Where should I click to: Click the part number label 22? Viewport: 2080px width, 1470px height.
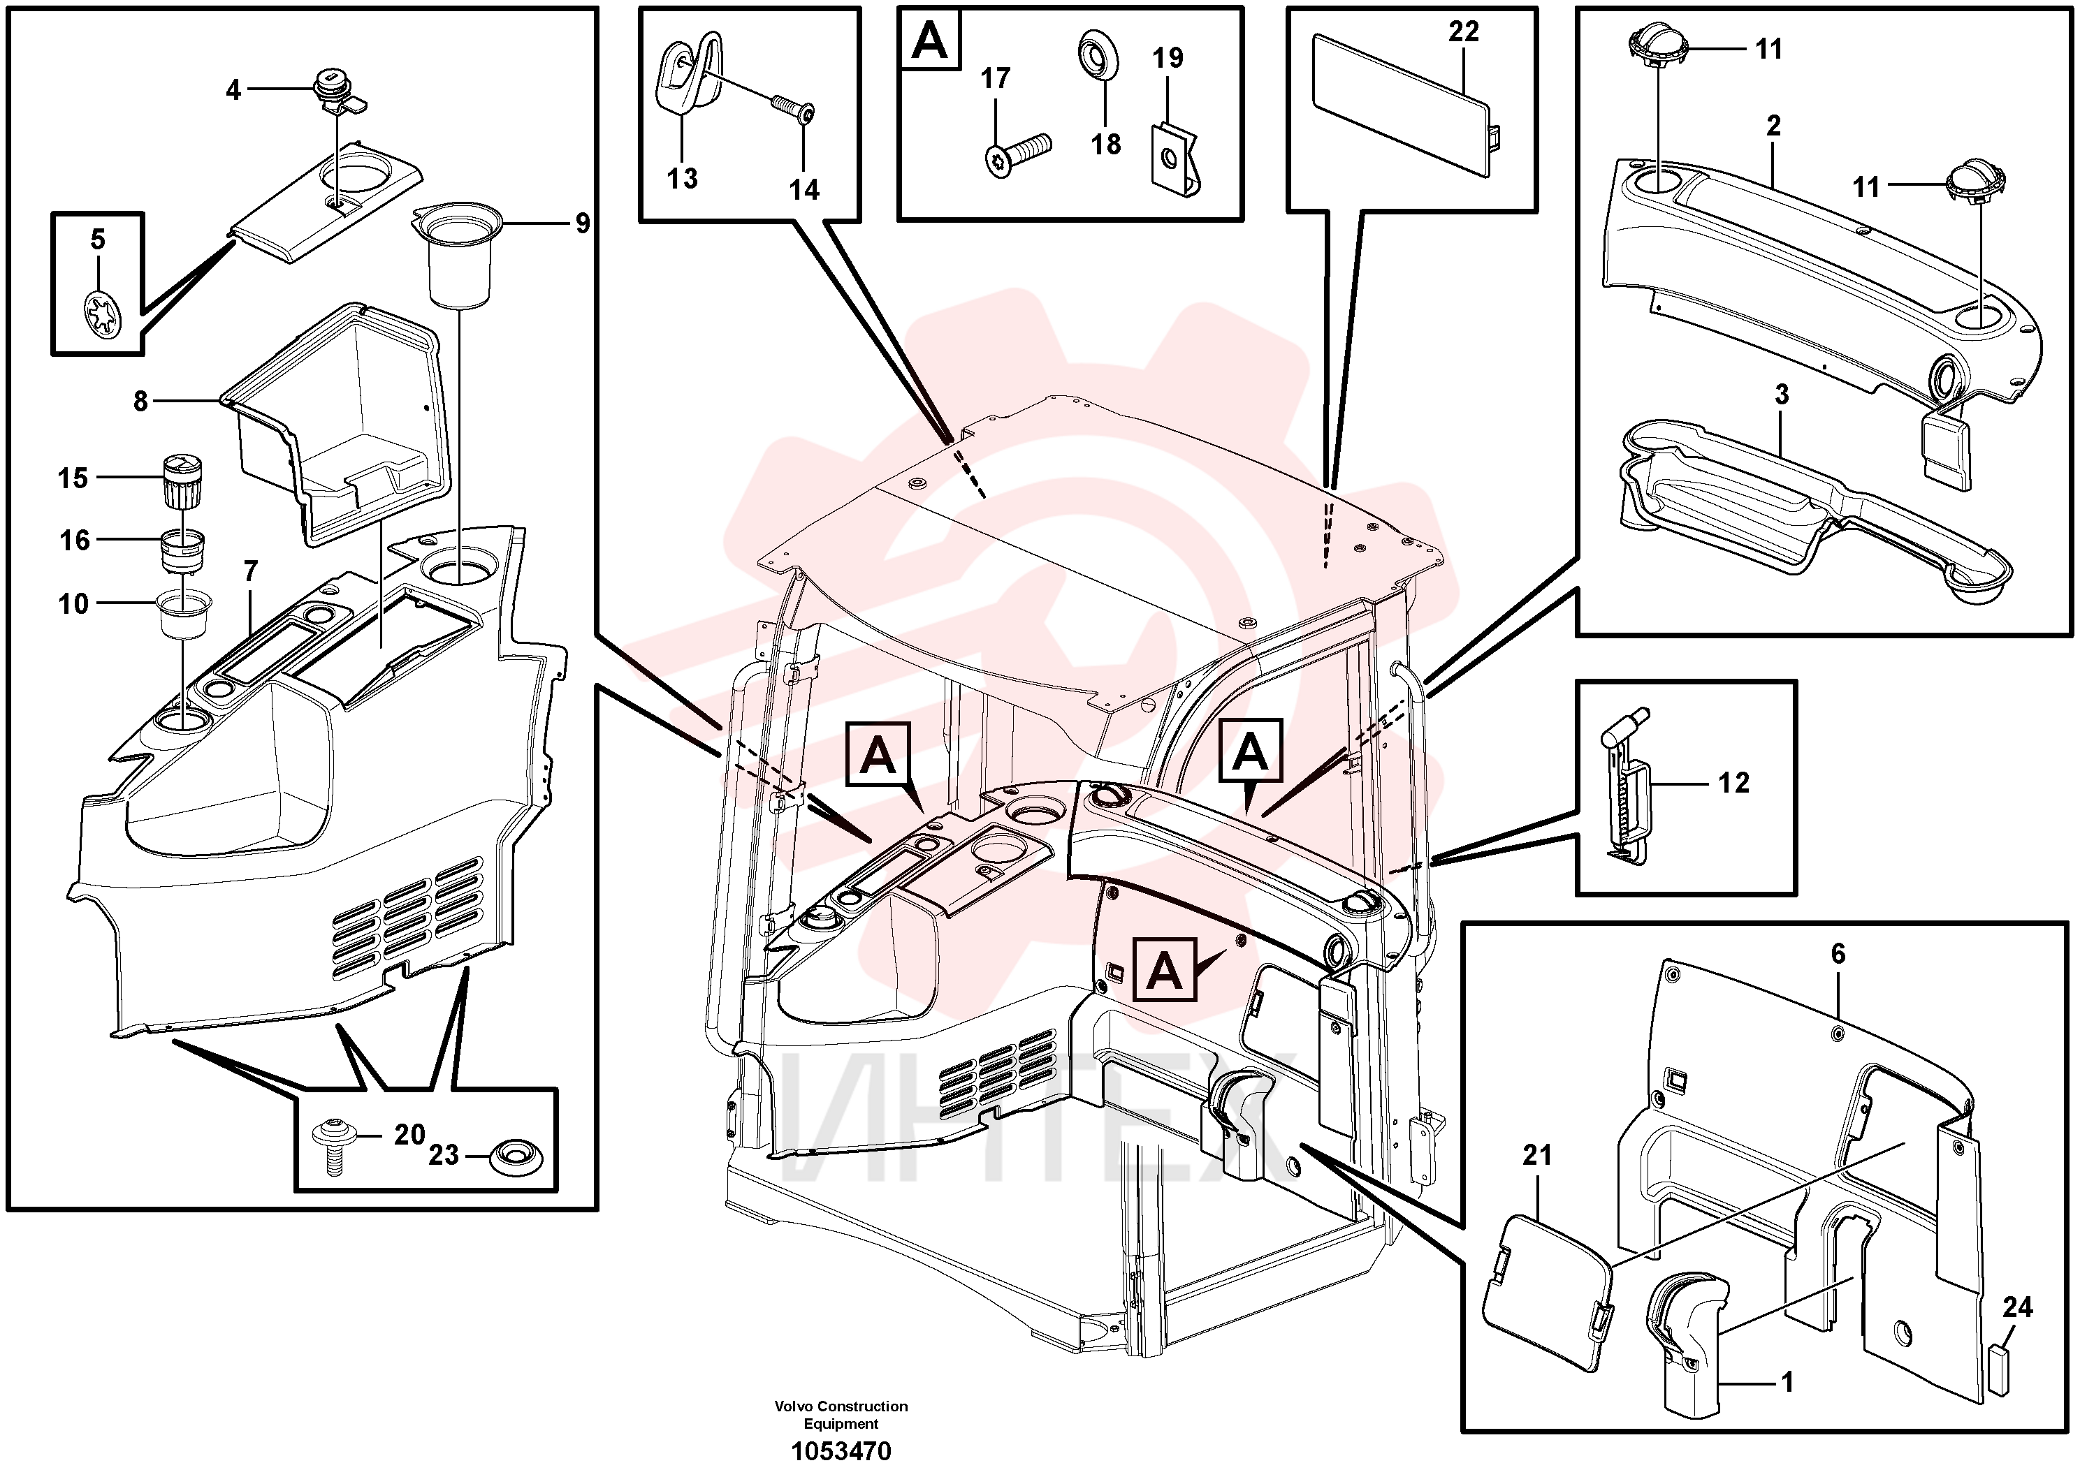coord(1463,31)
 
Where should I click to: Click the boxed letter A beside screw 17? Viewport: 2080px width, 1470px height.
coord(931,41)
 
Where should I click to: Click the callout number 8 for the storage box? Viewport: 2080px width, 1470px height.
coord(140,402)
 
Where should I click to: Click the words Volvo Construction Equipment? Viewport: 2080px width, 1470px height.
coord(841,1414)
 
